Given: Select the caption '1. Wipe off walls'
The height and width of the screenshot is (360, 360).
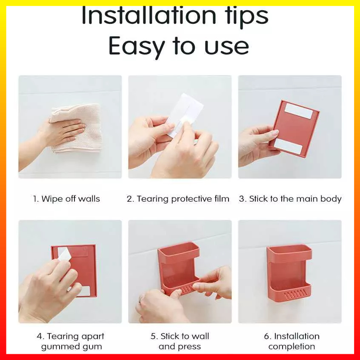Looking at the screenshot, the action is point(66,199).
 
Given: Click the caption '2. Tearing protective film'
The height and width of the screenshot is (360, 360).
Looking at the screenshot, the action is point(178,199).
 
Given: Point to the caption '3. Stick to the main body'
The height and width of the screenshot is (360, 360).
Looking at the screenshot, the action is point(290,199).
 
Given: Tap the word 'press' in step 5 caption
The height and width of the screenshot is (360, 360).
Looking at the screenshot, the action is point(190,347).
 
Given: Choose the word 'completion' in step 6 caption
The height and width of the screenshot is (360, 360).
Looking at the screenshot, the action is point(291,346).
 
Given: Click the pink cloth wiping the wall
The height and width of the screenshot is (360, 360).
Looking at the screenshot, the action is point(78,128).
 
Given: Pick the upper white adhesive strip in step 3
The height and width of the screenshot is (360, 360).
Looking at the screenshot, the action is point(298,111).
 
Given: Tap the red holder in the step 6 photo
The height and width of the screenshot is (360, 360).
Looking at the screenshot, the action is point(289,275).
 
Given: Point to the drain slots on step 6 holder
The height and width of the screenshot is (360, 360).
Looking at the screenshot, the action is point(295,294).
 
